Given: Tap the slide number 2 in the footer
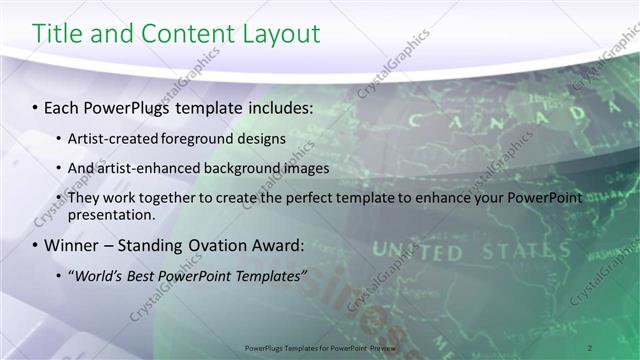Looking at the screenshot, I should [590, 347].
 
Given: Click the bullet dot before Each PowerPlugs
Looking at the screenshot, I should [36, 107].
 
